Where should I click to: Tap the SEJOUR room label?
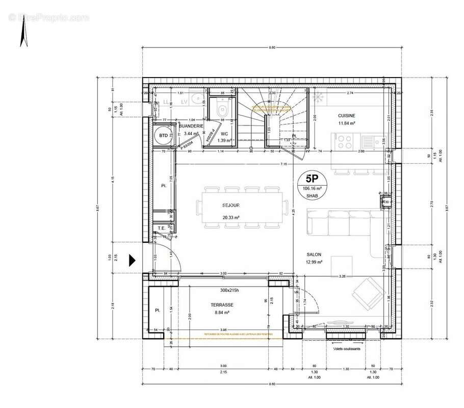[231, 206]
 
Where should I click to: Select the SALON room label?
[314, 254]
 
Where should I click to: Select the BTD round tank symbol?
[163, 136]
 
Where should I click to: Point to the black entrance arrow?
[132, 260]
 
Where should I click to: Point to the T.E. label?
[161, 228]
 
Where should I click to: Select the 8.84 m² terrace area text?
[222, 313]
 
